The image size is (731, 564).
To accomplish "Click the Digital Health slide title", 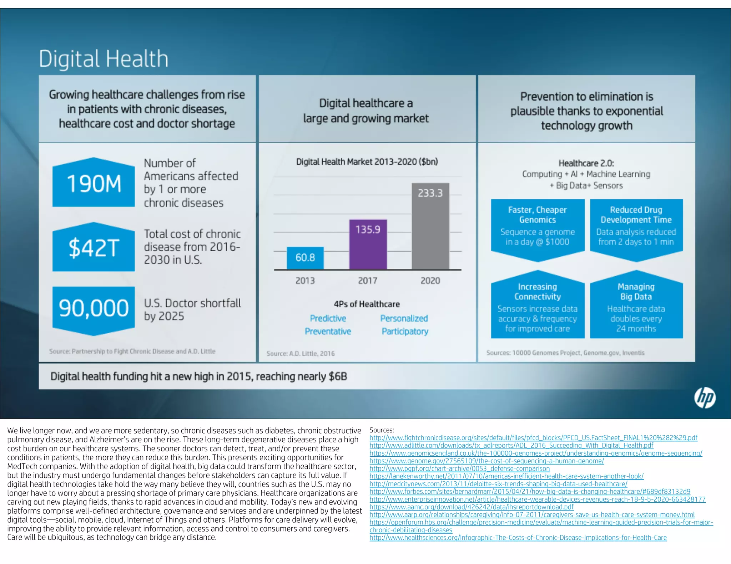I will [104, 59].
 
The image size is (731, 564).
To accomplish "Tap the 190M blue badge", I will [94, 183].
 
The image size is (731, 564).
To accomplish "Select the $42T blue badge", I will [94, 247].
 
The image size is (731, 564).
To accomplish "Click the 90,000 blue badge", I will [94, 309].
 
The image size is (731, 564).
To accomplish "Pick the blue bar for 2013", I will [305, 258].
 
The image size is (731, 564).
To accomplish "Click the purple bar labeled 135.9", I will [368, 245].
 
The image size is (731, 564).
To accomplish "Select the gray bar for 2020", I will [430, 226].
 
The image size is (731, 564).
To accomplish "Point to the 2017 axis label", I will [368, 281].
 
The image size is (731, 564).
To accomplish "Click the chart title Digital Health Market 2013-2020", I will [367, 162].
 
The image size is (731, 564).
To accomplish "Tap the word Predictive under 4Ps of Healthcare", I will [328, 318].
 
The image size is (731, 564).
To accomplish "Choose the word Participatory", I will [405, 332].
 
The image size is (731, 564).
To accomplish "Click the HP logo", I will [705, 398].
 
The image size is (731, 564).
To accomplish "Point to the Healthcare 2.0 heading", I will [586, 163].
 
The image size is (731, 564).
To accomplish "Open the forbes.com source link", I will [530, 492].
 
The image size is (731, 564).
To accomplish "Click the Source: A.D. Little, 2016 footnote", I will [301, 354].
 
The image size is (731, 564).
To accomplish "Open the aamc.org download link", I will [471, 507].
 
